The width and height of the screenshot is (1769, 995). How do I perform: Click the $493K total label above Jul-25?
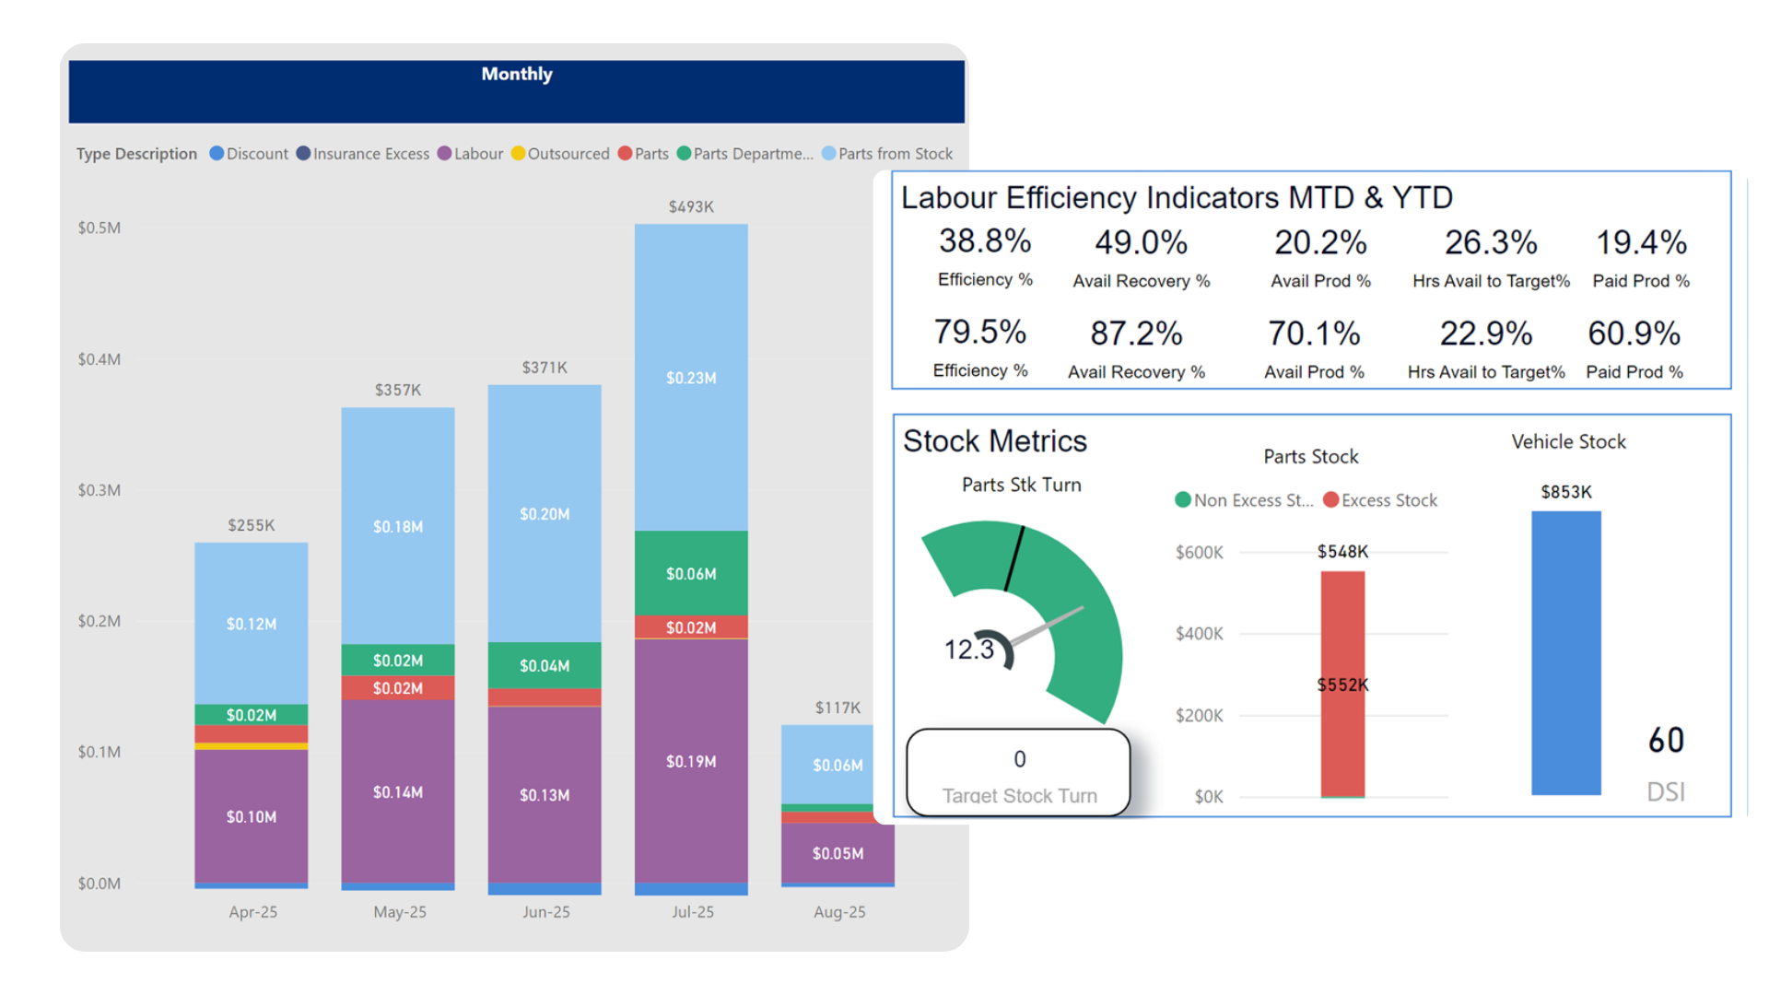pos(691,207)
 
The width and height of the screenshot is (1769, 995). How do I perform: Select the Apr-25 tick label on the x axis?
pos(252,912)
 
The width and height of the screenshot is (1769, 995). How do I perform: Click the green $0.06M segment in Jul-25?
pos(691,573)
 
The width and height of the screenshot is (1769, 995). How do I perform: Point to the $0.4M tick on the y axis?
pos(100,359)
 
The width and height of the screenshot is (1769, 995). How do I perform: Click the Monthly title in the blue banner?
pos(517,75)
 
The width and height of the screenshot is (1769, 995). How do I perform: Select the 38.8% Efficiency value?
pos(985,241)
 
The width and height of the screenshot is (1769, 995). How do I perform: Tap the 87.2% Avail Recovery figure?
pos(1136,334)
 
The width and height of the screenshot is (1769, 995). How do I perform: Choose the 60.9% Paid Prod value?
pos(1634,334)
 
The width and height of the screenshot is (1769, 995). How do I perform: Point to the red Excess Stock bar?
pos(1342,682)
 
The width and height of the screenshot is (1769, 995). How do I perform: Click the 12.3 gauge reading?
pos(968,650)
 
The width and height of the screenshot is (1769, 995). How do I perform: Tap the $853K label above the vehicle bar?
pos(1566,492)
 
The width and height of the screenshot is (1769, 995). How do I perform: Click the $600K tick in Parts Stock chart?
pos(1199,553)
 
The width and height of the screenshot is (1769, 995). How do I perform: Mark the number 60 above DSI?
pos(1666,741)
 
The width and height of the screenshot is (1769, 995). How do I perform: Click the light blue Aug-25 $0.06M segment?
pos(838,765)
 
